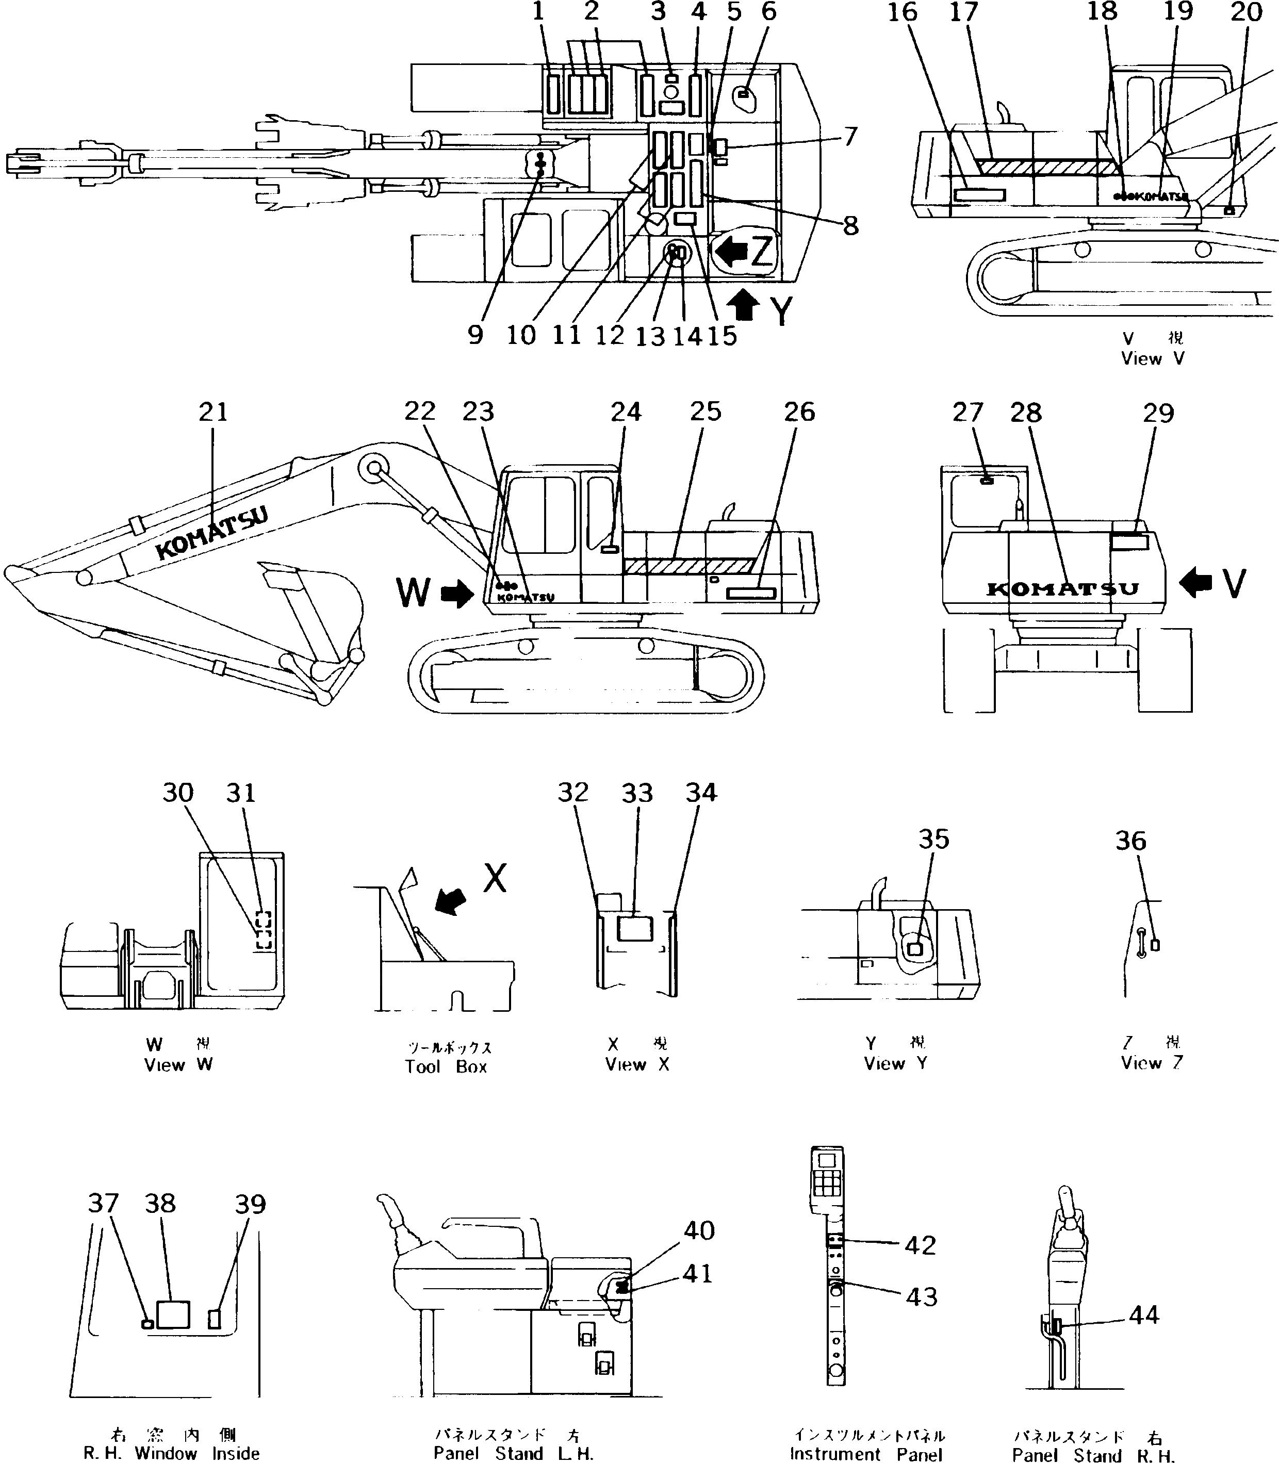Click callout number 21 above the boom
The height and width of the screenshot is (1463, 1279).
(x=212, y=413)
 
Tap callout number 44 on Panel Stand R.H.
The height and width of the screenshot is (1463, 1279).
(x=1143, y=1314)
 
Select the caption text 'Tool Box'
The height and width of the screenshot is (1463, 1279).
(x=446, y=1067)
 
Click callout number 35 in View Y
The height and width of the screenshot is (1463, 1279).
(x=933, y=839)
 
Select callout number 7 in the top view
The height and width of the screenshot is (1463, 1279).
(x=849, y=136)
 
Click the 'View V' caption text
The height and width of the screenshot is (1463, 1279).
(x=1153, y=359)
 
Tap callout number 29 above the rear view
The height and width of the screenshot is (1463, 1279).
(x=1158, y=413)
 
